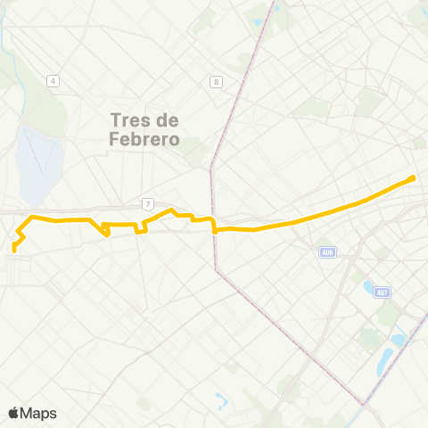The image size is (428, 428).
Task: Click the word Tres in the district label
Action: pos(127,119)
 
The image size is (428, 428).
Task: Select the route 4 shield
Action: pos(53,82)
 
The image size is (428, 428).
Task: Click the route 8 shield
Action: pos(216,82)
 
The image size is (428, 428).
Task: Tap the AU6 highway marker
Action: pos(327,252)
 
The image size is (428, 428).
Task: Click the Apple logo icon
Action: pos(14,413)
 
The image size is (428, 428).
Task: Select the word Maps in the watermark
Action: pos(39,413)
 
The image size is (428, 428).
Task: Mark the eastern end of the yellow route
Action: pos(413,178)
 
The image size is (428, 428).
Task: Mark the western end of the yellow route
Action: pos(14,249)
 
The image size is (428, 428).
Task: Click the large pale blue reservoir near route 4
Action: pos(34,160)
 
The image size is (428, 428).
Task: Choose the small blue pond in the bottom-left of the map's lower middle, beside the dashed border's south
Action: pos(220,399)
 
